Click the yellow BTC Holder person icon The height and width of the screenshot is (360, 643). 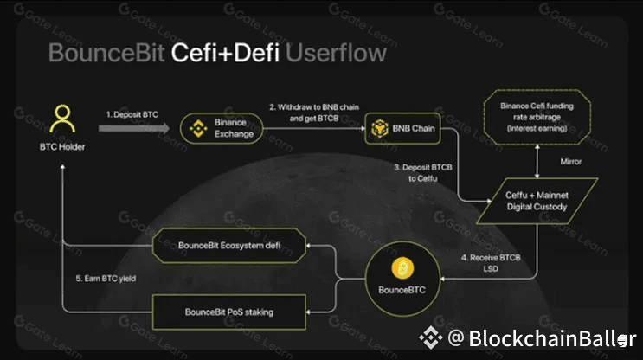tap(61, 119)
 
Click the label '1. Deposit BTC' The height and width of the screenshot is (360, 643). tap(132, 113)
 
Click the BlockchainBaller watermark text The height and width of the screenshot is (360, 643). tap(543, 337)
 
